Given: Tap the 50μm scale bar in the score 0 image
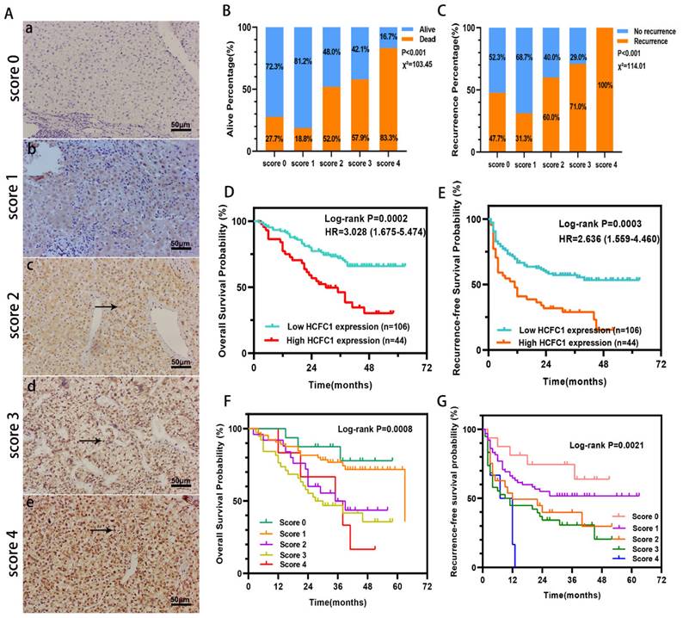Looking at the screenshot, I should [x=181, y=127].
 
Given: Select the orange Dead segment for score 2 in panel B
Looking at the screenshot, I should [x=330, y=119].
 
